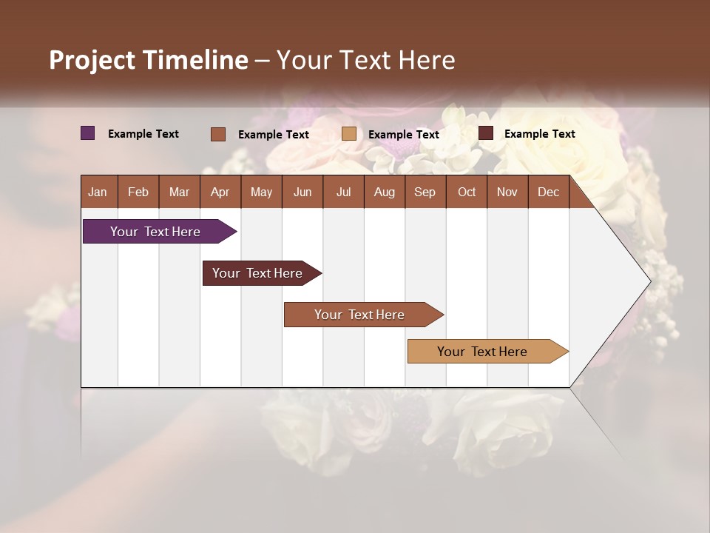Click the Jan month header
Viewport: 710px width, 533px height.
[98, 192]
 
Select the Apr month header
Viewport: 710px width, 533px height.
[220, 192]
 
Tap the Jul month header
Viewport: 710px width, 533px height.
[343, 192]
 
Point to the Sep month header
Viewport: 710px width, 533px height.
[425, 192]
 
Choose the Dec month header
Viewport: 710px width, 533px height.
[548, 192]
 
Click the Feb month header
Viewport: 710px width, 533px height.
[138, 192]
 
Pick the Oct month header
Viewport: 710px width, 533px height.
[467, 192]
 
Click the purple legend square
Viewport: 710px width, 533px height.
[87, 133]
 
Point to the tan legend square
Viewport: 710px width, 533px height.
[349, 134]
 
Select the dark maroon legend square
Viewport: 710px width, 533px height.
[486, 133]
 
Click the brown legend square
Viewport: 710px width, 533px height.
[218, 134]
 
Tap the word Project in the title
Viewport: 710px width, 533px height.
[92, 60]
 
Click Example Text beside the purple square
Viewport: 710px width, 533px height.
[143, 134]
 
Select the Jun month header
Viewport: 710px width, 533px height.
[302, 192]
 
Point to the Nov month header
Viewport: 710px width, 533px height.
[507, 192]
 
